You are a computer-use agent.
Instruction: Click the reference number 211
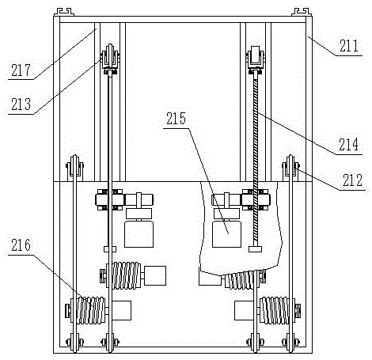pos(349,46)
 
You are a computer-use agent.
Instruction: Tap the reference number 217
pos(21,70)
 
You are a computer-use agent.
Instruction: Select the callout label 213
pos(21,104)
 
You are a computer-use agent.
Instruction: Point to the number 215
pos(176,119)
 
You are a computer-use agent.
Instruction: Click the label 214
pos(349,144)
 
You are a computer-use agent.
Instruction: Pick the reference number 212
pos(352,180)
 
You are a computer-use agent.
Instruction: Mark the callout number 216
pos(21,244)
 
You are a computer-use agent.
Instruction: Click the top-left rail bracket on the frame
pos(63,12)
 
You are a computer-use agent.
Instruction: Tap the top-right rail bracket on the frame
pos(302,12)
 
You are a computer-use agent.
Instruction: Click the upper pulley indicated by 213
pos(110,58)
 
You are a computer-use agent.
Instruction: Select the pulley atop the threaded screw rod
pos(256,59)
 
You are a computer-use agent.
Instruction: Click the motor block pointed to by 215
pos(226,234)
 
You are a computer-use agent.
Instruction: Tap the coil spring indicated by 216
pos(91,310)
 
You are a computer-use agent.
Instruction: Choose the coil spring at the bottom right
pos(275,310)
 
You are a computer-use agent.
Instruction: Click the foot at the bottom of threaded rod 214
pos(255,249)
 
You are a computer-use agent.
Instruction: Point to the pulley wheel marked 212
pos(290,168)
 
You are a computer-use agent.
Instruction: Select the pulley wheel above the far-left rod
pos(74,168)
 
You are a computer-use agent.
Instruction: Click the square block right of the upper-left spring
pos(155,275)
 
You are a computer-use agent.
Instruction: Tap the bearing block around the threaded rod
pos(256,199)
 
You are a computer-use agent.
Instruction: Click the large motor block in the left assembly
pos(139,234)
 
